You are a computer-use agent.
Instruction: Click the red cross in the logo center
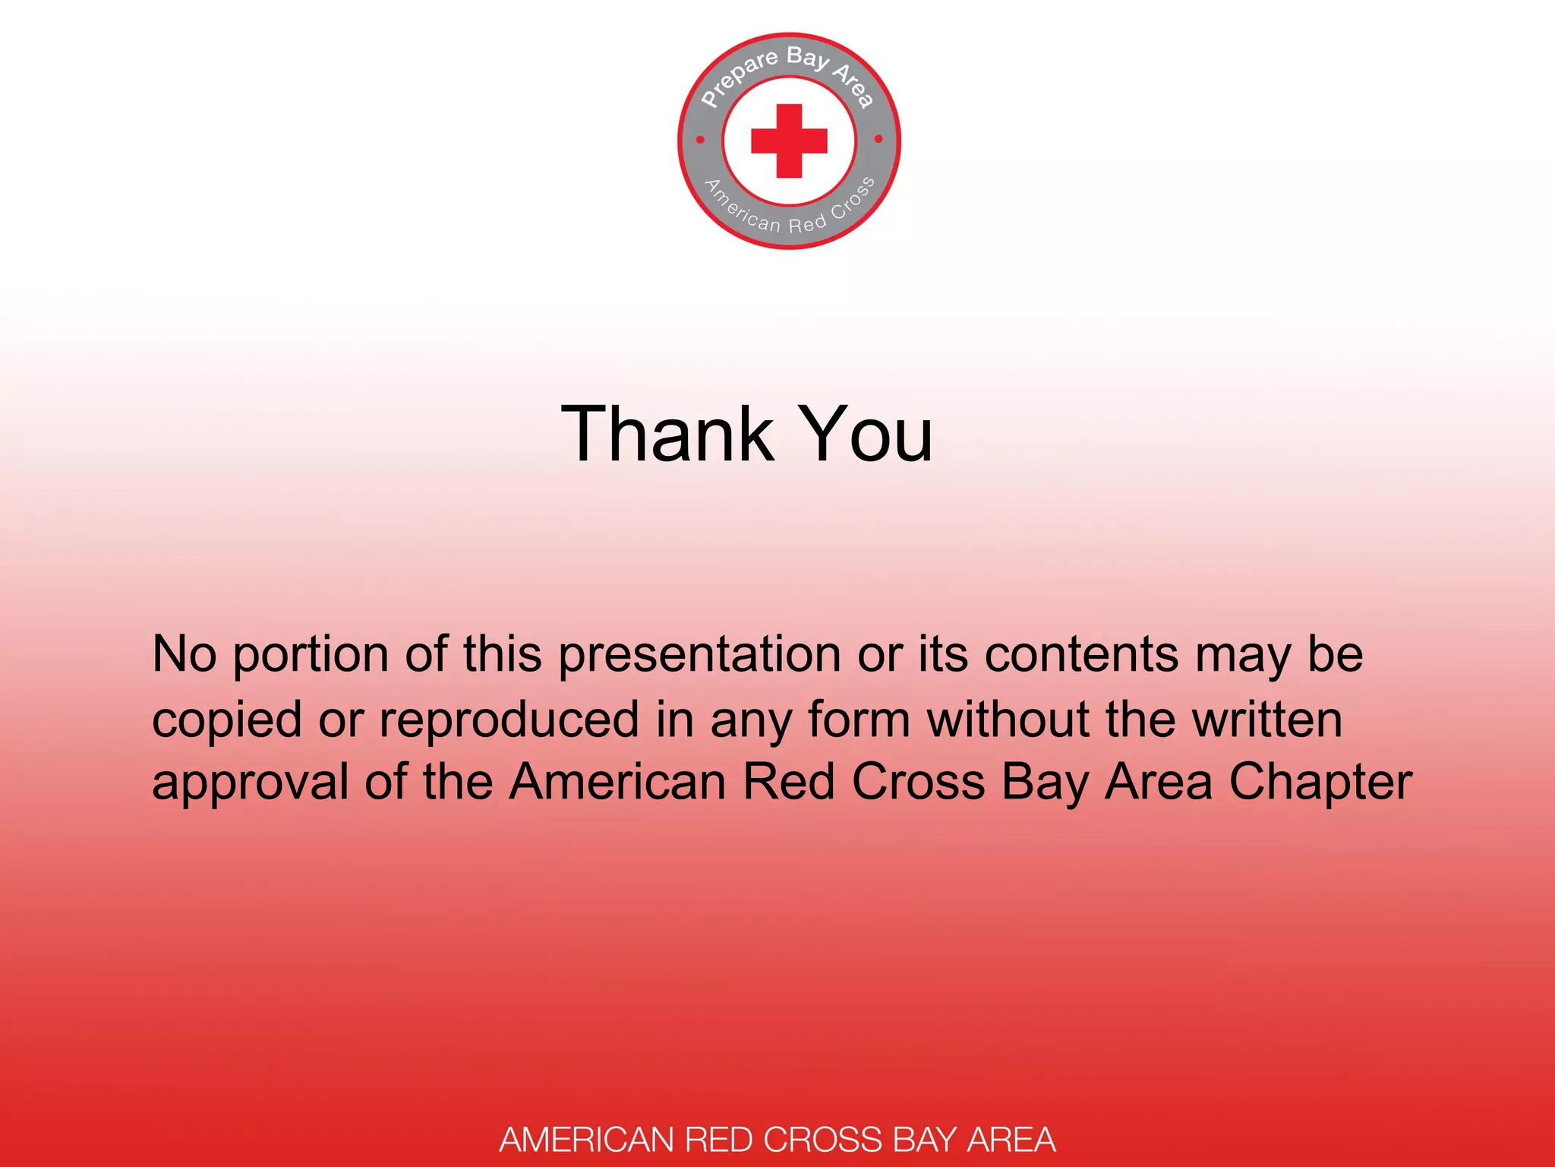pos(789,141)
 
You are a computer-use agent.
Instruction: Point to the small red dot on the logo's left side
pos(700,140)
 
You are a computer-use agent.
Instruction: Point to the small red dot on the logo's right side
pos(878,139)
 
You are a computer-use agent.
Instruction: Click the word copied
pos(226,720)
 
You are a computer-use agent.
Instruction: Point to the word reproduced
pos(509,720)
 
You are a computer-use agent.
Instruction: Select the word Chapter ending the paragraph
pos(1320,783)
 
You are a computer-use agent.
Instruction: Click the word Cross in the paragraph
pos(918,783)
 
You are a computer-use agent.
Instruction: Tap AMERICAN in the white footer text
pos(586,1140)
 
